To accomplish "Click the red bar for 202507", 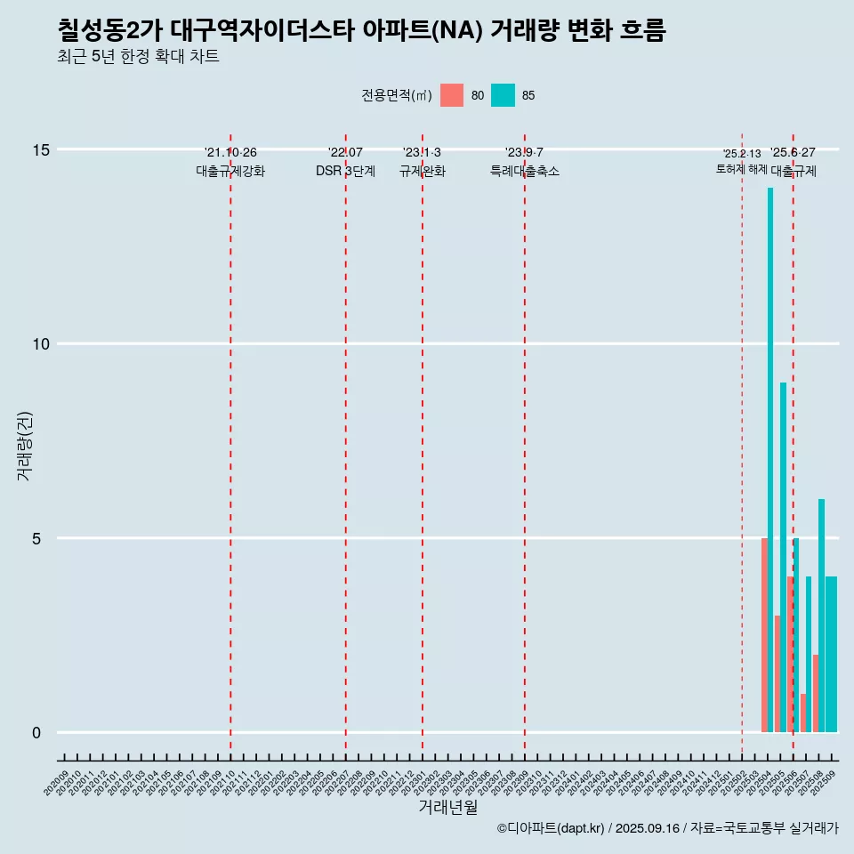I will point(803,713).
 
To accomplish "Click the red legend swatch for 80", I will point(452,95).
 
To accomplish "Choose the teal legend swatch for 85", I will point(503,95).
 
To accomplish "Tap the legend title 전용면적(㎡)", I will point(397,95).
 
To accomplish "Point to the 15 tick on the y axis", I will point(41,149).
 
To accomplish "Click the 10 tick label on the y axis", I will point(41,344).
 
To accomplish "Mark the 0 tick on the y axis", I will point(36,733).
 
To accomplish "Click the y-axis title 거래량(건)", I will point(24,445).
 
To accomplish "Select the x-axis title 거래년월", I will point(447,808).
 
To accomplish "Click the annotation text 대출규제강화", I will point(230,172).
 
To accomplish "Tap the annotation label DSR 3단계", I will point(345,172).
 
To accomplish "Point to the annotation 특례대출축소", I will point(525,172).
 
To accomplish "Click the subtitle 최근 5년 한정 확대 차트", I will point(138,57).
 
